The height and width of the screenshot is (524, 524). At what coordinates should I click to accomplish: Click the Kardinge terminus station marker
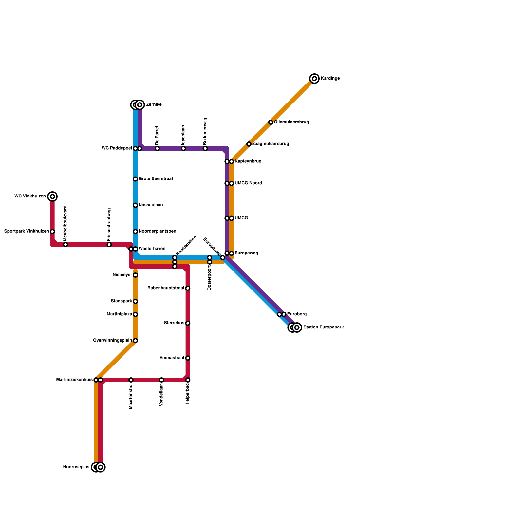[x=314, y=79]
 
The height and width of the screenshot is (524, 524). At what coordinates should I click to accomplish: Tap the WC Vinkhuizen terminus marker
[x=52, y=196]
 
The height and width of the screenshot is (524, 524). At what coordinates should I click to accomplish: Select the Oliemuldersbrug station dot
[x=271, y=122]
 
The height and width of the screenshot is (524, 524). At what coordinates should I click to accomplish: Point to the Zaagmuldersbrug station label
[x=270, y=144]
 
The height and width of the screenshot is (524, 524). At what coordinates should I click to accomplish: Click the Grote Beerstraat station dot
[x=135, y=179]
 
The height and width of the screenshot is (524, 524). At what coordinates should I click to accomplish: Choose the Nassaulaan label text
[x=151, y=205]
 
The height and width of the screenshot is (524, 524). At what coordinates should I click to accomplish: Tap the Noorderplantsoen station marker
[x=135, y=232]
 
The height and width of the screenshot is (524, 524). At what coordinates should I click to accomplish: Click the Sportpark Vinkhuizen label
[x=27, y=232]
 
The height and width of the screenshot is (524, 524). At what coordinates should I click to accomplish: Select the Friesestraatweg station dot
[x=109, y=245]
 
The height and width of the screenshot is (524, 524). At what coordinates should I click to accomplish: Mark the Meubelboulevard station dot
[x=65, y=245]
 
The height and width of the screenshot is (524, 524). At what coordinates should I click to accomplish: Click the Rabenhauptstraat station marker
[x=188, y=288]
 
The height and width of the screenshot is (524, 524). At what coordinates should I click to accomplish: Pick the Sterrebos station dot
[x=188, y=323]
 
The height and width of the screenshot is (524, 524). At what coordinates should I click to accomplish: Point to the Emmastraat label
[x=172, y=358]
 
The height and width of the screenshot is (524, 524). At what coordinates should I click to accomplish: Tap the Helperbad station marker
[x=188, y=380]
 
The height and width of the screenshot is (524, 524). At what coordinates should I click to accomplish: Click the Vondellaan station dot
[x=161, y=380]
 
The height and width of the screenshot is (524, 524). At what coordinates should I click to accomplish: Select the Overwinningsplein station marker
[x=135, y=341]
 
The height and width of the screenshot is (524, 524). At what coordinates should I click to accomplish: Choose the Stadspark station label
[x=122, y=301]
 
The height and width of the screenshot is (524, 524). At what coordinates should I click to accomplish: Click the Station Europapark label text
[x=323, y=327]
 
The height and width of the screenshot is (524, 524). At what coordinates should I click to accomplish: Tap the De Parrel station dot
[x=157, y=149]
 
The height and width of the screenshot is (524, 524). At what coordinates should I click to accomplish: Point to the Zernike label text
[x=154, y=105]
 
